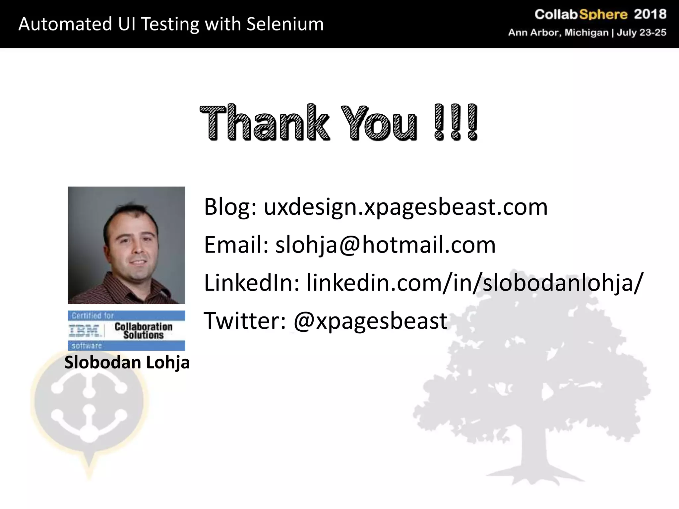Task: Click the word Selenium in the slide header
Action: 285,24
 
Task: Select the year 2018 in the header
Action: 650,14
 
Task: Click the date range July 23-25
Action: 641,32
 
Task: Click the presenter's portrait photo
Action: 126,245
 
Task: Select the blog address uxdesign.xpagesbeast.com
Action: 405,206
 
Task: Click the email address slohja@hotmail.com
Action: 385,245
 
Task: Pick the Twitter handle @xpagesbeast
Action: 370,320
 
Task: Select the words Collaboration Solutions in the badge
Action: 143,331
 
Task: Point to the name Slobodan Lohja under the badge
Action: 127,362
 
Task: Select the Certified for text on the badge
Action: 93,315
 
